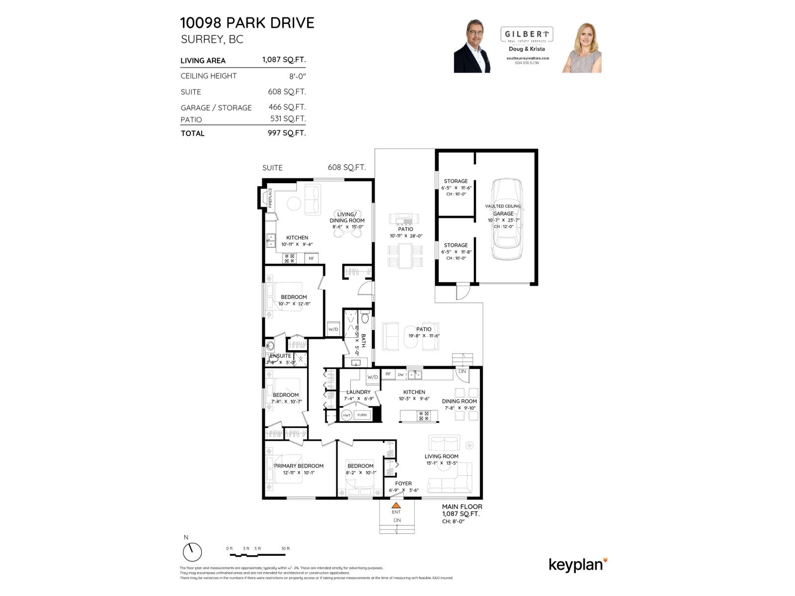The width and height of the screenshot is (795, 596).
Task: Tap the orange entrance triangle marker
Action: tap(396, 505)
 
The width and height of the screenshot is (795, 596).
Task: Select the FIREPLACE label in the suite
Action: tap(270, 198)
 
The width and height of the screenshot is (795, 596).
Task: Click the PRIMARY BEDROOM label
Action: tap(299, 466)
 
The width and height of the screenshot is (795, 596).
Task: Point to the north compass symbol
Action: tap(192, 551)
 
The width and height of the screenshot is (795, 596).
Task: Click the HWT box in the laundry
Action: tap(347, 415)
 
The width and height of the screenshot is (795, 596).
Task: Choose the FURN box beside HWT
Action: tap(362, 415)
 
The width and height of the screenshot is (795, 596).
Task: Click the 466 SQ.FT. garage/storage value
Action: tap(287, 107)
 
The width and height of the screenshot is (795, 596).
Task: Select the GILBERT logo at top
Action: tap(526, 35)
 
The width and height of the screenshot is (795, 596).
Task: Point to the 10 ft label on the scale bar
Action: tap(285, 549)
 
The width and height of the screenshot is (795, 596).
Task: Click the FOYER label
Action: tap(403, 483)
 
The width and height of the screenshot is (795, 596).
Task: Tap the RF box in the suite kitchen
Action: tap(312, 258)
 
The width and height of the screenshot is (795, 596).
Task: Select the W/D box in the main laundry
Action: tap(373, 377)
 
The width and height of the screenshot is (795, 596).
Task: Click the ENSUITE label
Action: tap(281, 356)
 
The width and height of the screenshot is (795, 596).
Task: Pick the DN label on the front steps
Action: tap(397, 520)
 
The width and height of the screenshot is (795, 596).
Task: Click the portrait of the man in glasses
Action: tap(472, 47)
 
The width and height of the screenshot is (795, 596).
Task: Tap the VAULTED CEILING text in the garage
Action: tap(503, 206)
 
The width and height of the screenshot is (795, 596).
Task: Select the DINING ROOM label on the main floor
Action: tap(459, 401)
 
